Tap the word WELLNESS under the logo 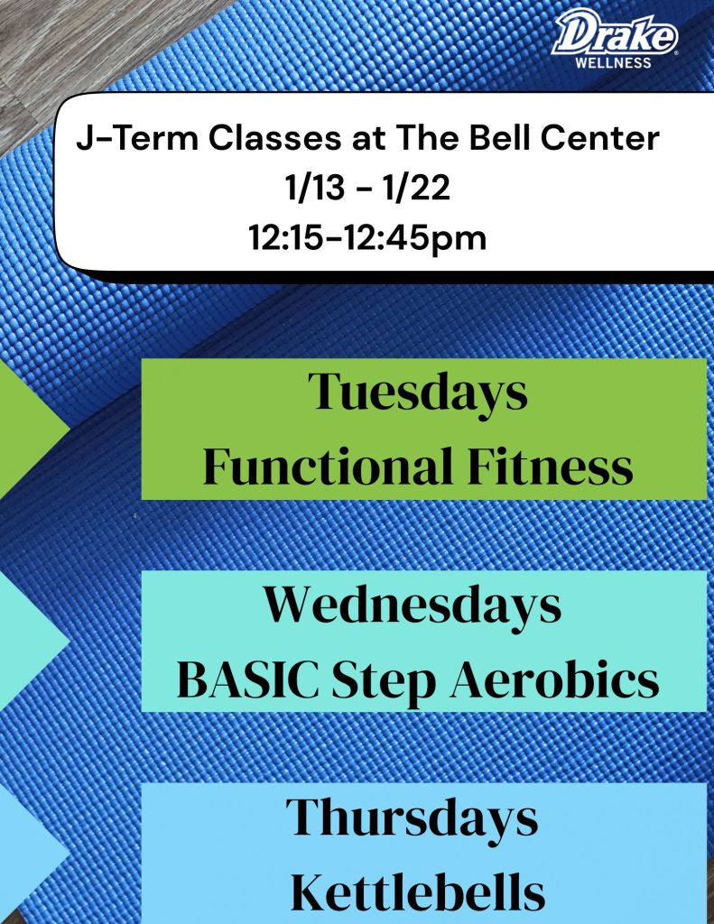pos(613,62)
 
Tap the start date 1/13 pos(315,189)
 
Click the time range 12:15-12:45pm pos(367,239)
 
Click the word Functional pos(328,466)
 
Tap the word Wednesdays pos(413,606)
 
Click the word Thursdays pos(412,818)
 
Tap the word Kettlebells pos(417,892)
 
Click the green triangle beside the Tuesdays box pos(26,427)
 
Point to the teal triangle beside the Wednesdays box pos(26,641)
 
